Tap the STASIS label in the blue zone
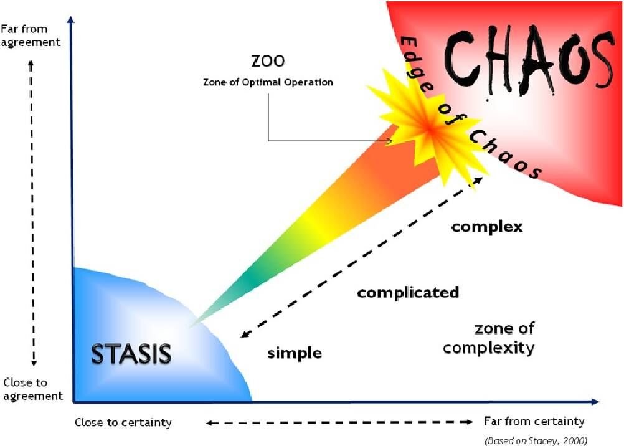click(131, 354)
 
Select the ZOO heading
click(268, 61)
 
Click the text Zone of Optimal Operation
click(268, 82)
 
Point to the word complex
click(487, 227)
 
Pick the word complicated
click(408, 292)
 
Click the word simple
click(295, 353)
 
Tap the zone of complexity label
click(489, 338)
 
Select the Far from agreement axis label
click(31, 36)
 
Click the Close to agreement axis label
click(33, 389)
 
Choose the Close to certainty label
click(123, 422)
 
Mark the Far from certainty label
click(534, 421)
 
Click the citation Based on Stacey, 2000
click(536, 440)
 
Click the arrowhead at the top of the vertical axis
click(71, 19)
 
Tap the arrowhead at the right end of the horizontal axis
click(595, 402)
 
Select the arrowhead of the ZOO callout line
click(390, 141)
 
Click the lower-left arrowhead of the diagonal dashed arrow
click(245, 334)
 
